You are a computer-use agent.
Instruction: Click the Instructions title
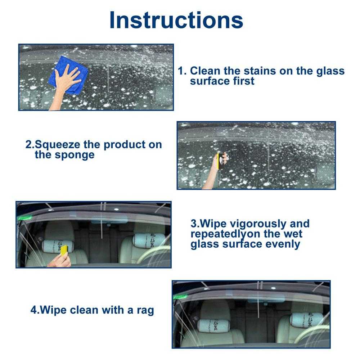[x=176, y=20]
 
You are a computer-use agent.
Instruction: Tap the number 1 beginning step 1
[x=181, y=71]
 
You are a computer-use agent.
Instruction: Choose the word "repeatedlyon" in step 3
[x=227, y=234]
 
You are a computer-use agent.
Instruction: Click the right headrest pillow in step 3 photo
[x=149, y=239]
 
